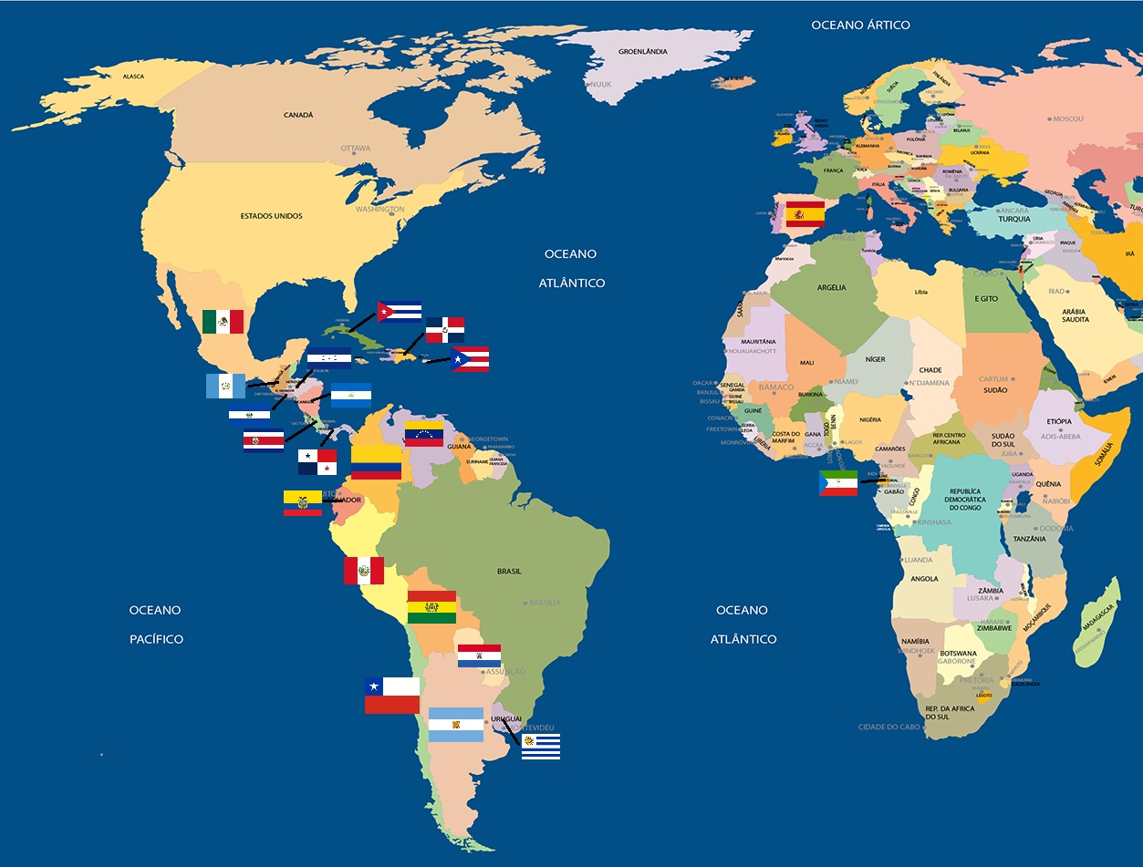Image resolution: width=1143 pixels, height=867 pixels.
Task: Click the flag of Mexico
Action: point(223,321)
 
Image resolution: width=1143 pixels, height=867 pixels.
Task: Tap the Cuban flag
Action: point(399,312)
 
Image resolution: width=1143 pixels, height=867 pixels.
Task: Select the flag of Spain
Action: point(805,214)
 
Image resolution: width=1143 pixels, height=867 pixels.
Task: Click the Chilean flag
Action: point(392,696)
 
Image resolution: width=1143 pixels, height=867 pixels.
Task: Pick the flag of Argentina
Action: point(455,725)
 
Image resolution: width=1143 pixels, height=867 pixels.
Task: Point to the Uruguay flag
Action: point(541,747)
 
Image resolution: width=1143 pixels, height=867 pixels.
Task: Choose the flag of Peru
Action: point(363,571)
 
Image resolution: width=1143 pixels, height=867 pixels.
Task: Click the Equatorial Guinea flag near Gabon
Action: point(837,483)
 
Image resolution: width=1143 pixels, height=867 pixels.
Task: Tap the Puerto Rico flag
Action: point(470,359)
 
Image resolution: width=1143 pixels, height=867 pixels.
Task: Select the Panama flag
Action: point(317,462)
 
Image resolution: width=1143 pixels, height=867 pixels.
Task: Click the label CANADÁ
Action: point(298,115)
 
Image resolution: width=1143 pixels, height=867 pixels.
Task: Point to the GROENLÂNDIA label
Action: point(643,52)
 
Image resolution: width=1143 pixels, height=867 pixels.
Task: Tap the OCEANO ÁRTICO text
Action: point(860,26)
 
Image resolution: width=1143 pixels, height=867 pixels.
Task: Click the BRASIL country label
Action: point(509,572)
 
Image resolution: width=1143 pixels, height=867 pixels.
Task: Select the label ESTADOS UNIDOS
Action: point(271,216)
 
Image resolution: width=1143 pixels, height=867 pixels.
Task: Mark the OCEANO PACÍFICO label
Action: point(155,624)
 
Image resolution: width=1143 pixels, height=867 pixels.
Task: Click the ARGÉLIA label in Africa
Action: point(831,288)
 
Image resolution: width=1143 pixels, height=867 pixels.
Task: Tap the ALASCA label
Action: point(133,77)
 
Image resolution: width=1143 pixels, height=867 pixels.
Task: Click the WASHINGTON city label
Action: point(379,210)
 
